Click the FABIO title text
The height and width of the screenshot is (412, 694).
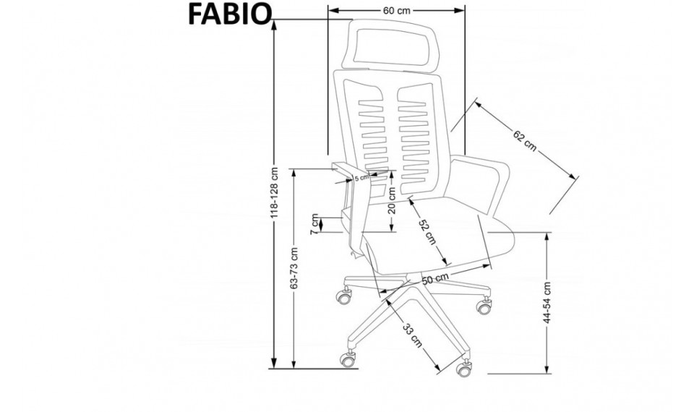point(230,14)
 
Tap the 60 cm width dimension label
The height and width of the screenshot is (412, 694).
point(396,11)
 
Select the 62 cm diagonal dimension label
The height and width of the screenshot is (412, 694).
point(526,140)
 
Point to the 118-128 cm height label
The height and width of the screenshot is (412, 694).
point(274,195)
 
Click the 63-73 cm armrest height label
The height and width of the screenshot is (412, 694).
point(294,267)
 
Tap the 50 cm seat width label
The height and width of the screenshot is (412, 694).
point(435,278)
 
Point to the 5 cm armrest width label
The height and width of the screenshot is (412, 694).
point(361,176)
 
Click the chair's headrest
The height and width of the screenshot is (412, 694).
point(395,43)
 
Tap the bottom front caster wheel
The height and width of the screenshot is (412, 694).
point(463,369)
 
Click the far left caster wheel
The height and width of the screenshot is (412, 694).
point(342,296)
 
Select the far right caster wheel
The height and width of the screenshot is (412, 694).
point(483,306)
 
